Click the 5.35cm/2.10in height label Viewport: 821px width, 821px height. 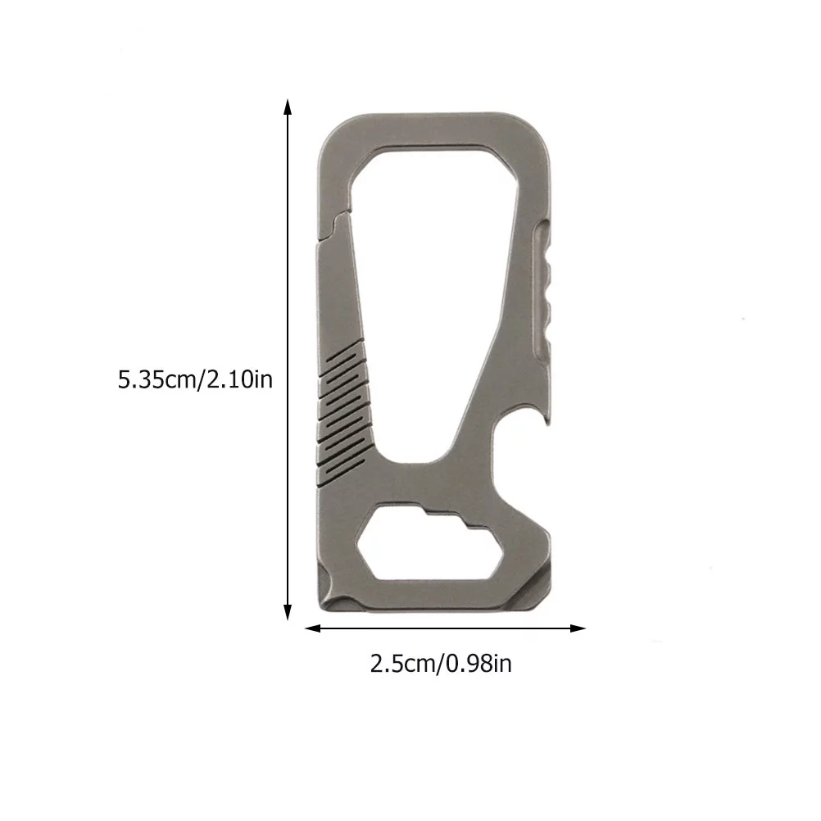tap(195, 379)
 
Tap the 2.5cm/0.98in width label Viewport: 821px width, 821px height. tap(440, 663)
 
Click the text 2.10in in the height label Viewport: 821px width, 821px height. tap(238, 379)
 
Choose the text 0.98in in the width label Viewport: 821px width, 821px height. tap(479, 663)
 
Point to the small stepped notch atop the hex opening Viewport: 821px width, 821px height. tap(442, 515)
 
